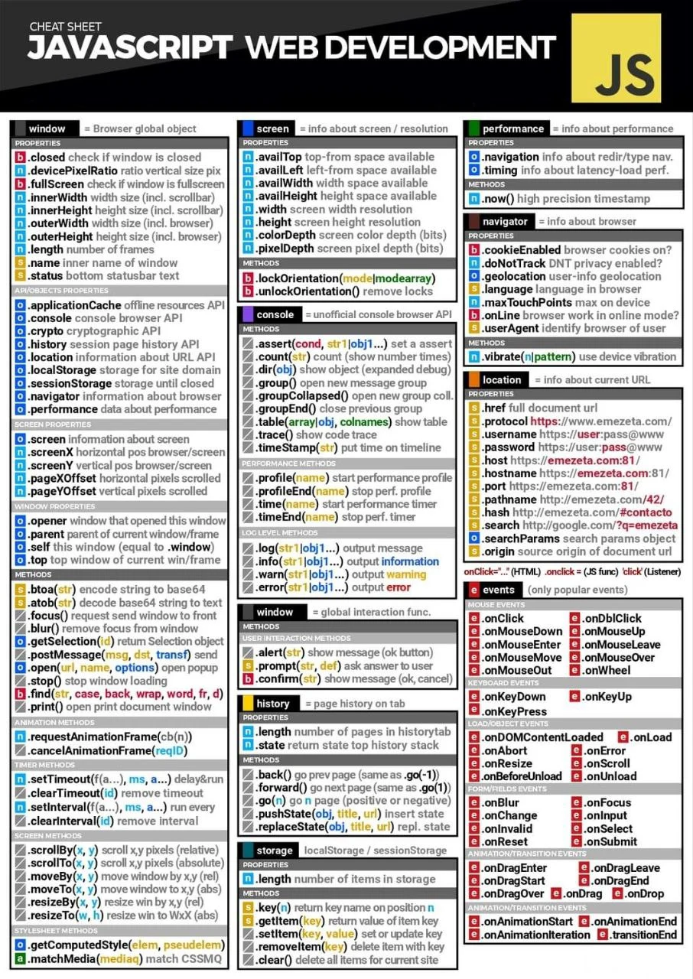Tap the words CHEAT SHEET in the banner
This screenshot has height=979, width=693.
65,28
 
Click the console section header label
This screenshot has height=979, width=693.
275,314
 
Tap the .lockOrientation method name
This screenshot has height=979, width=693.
297,278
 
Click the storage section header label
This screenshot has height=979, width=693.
275,851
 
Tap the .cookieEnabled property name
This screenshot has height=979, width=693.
521,250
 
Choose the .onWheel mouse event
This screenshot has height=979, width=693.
607,670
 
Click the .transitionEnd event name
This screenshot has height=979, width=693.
643,935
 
